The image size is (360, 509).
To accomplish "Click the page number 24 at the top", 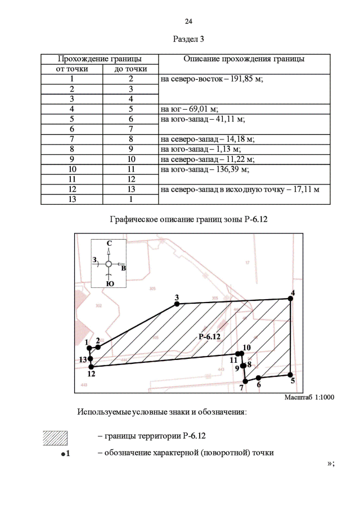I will (x=188, y=21).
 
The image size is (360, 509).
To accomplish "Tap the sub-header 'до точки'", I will (x=130, y=69).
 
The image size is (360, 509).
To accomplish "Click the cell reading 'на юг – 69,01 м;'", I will (x=190, y=109).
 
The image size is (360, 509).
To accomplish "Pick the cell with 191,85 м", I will (x=212, y=79).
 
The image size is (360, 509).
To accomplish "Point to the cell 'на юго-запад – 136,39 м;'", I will (x=205, y=168).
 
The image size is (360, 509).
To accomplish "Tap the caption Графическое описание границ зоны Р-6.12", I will (x=188, y=219).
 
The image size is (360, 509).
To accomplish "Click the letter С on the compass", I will (x=109, y=243).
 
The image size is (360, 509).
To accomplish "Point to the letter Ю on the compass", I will (x=110, y=283).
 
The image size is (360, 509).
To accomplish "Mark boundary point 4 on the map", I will (x=291, y=299).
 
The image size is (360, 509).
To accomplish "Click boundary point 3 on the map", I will (x=177, y=304).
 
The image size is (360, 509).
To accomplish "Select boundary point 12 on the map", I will (x=92, y=367).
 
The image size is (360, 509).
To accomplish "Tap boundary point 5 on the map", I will (x=290, y=375).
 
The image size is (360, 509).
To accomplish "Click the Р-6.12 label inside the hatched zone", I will (x=210, y=336).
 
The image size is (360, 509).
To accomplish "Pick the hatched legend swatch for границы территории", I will (x=55, y=437).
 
